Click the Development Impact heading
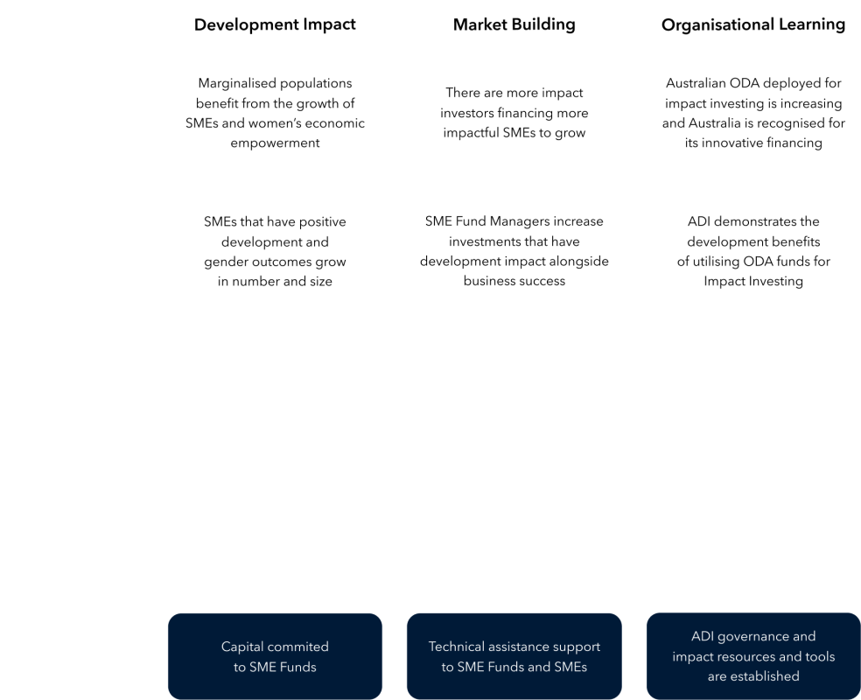pos(275,24)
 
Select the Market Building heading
pos(514,24)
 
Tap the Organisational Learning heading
pos(752,24)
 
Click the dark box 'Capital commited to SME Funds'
pos(275,656)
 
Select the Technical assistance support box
pos(514,656)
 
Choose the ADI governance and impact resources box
pos(753,656)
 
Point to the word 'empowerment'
pos(275,143)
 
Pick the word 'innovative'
pos(728,143)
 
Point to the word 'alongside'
pos(579,262)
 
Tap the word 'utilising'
pos(717,262)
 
